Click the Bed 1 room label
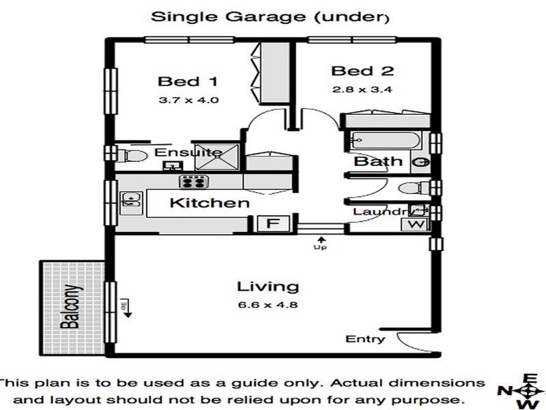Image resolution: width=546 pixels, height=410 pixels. [188, 81]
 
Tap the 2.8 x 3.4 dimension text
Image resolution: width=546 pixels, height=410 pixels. [362, 90]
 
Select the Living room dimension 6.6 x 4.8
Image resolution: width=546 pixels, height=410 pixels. [268, 305]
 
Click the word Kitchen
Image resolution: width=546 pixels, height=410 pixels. [210, 203]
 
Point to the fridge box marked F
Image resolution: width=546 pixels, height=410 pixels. [274, 223]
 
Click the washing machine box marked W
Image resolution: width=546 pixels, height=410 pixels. [416, 224]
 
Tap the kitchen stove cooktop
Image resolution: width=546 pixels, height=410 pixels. [194, 182]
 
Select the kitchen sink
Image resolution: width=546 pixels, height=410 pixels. [131, 203]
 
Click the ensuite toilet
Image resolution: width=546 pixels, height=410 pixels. [131, 155]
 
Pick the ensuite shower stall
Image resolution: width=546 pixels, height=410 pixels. [217, 157]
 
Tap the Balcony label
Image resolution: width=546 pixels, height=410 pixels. [71, 307]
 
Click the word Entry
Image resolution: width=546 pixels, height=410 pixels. [365, 339]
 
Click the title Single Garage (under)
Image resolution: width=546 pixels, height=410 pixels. [270, 16]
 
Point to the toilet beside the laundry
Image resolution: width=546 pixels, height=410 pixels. [414, 189]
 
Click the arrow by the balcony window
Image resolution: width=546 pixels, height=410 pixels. [128, 308]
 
